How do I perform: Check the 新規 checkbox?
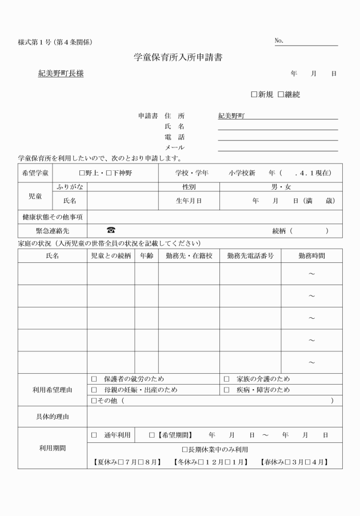tap(254, 94)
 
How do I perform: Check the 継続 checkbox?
tap(281, 94)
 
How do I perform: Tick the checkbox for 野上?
tap(82, 173)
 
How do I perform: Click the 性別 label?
tap(189, 186)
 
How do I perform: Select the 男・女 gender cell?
tap(281, 186)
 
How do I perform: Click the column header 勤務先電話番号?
tap(250, 256)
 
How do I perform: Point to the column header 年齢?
tap(146, 256)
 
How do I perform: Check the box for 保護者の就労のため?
tap(94, 379)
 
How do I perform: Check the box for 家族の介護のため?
tap(226, 379)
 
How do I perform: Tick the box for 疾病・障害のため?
tap(226, 390)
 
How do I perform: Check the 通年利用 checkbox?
tap(94, 435)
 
